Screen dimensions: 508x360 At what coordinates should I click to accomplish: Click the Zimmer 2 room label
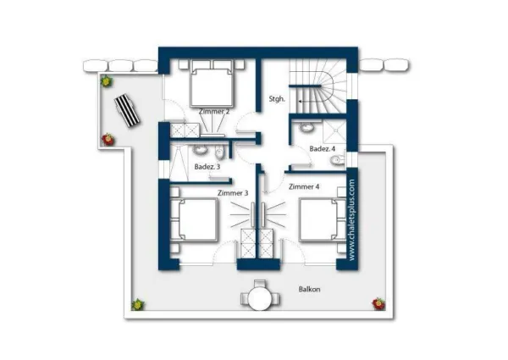point(214,112)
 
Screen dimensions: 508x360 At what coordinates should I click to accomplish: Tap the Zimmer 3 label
point(233,193)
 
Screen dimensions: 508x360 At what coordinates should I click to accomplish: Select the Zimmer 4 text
point(304,186)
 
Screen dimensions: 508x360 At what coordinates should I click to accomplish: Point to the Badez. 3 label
point(207,167)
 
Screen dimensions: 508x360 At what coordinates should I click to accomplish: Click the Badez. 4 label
point(323,149)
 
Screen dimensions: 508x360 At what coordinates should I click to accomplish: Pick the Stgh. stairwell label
point(277,99)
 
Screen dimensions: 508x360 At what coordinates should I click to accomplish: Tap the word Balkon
point(309,289)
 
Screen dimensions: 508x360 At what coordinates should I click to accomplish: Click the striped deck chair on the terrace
point(127,110)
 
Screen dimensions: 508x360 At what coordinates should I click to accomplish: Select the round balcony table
point(260,299)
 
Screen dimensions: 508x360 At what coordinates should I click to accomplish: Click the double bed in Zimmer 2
point(213,83)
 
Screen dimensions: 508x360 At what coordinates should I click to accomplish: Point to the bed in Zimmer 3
point(194,219)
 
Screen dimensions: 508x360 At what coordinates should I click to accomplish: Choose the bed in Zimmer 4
point(323,220)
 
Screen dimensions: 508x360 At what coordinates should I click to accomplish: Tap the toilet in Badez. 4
point(338,160)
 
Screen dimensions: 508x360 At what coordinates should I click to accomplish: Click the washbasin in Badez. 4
point(306,127)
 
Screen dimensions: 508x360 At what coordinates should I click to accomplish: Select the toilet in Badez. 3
point(219,152)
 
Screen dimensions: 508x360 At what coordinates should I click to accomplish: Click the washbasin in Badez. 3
point(200,150)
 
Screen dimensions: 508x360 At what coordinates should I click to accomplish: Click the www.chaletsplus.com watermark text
point(352,219)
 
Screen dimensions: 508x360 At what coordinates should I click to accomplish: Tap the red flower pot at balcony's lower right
point(378,303)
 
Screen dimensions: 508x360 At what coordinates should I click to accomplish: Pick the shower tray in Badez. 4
point(334,131)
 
